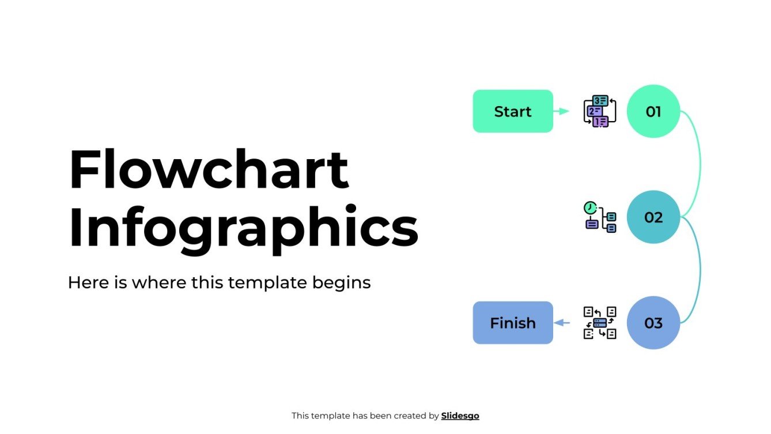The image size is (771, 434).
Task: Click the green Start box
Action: click(x=512, y=111)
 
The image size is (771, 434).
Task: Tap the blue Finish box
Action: click(x=512, y=323)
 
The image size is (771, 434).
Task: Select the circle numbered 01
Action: click(x=653, y=111)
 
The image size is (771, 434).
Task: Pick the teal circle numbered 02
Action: click(x=653, y=217)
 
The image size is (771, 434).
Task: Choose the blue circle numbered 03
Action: click(x=653, y=323)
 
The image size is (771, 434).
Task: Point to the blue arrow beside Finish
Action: click(x=561, y=323)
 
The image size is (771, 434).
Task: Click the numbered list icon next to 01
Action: click(x=600, y=111)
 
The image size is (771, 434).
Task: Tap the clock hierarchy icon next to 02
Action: click(x=600, y=217)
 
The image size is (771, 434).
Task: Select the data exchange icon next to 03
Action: click(x=600, y=323)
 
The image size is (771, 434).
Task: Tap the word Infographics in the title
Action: click(x=243, y=229)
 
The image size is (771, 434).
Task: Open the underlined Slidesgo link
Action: click(x=460, y=416)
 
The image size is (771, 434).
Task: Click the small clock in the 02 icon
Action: click(x=589, y=207)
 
